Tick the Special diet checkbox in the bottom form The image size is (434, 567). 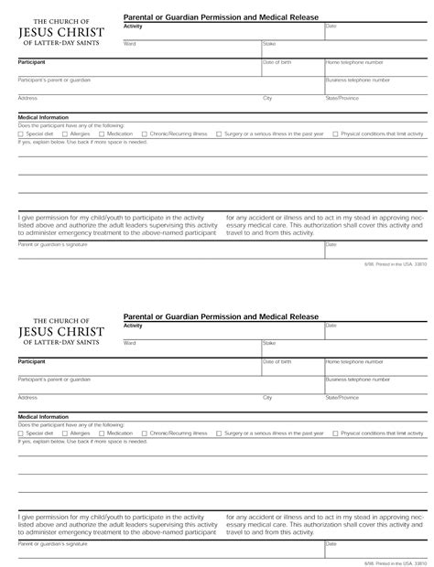tap(21, 408)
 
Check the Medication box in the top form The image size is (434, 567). tap(102, 134)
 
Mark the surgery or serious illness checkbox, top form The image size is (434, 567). tap(219, 134)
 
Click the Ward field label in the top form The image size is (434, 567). tap(129, 43)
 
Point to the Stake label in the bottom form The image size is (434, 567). tap(269, 343)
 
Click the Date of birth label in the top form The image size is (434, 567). tap(277, 61)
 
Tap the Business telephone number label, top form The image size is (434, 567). tap(357, 80)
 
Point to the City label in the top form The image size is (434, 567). tap(267, 97)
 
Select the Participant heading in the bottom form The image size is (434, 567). tap(32, 361)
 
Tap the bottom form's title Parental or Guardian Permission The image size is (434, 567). tap(221, 316)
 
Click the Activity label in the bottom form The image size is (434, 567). tap(133, 326)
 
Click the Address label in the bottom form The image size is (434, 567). tap(27, 397)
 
